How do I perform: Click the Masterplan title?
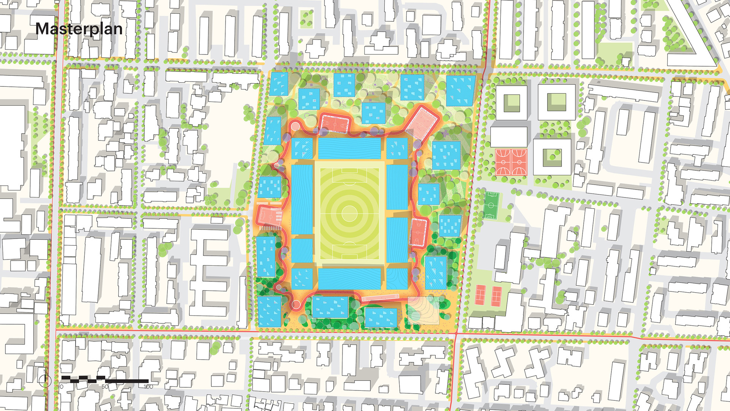tap(79, 29)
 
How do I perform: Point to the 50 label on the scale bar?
tap(105, 387)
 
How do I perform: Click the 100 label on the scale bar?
tap(148, 387)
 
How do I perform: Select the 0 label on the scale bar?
tap(62, 387)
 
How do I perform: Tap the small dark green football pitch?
tap(491, 205)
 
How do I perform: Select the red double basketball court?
tap(511, 162)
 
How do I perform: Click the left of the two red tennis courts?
tap(481, 295)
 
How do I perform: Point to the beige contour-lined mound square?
tap(423, 311)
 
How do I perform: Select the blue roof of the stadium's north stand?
tap(349, 148)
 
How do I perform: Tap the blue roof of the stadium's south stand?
tap(349, 279)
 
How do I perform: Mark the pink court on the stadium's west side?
tap(269, 216)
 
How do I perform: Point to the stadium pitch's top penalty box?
tap(349, 176)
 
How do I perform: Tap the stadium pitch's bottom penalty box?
tap(349, 251)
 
